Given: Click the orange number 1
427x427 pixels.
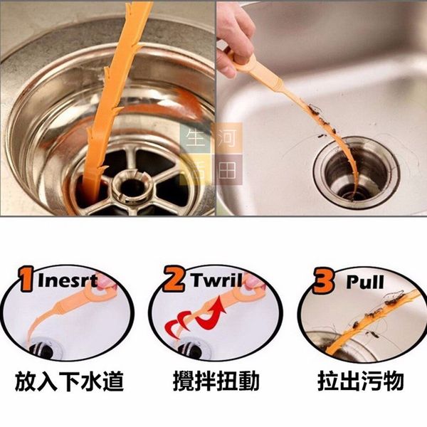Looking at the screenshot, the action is [27, 279].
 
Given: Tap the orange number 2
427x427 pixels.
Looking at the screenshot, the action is [174, 278].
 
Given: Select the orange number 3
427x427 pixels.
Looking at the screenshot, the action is [324, 280].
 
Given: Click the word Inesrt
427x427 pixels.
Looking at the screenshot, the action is [68, 281].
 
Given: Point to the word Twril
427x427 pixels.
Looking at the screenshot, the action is [216, 280].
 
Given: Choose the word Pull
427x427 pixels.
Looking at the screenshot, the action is [366, 283].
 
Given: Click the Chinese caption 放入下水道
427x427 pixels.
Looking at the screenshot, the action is [69, 381].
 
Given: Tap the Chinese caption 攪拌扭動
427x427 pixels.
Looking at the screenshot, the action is [216, 381].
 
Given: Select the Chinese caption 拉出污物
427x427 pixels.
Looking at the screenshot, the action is [361, 381].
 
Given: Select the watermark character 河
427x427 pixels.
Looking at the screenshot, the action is [227, 138].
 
